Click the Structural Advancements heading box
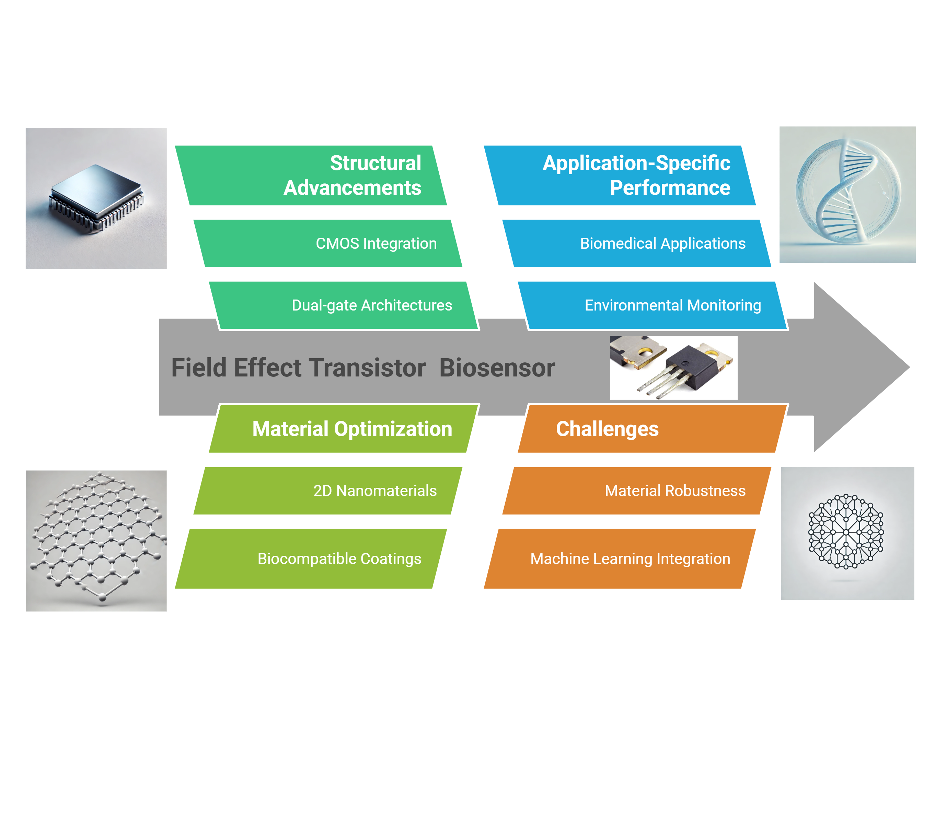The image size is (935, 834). tap(311, 176)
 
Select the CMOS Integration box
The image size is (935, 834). tap(328, 243)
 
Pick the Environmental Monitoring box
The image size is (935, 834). tap(652, 305)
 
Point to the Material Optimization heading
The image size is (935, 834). tap(343, 429)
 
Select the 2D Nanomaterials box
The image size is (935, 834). tap(328, 491)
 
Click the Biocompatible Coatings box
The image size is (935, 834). tap(311, 559)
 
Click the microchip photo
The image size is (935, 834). tap(96, 199)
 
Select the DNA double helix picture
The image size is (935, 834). tap(847, 195)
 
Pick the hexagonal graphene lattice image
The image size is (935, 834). tap(96, 541)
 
